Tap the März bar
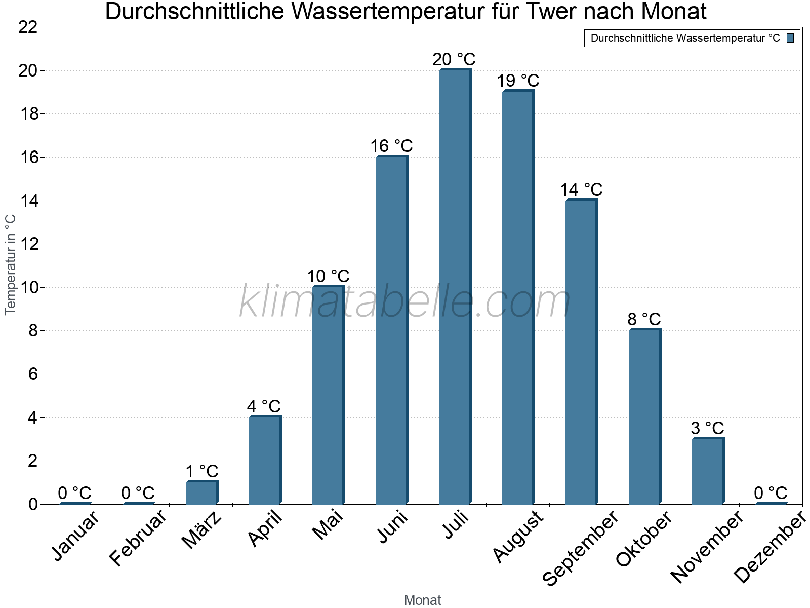tap(201, 492)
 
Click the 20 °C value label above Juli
tap(454, 59)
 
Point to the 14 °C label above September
tap(581, 189)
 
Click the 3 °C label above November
tap(707, 428)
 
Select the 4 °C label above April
tap(264, 406)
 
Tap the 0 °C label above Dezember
tap(771, 493)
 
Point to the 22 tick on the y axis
tap(28, 27)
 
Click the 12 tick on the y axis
tap(28, 244)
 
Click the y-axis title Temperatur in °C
tap(11, 264)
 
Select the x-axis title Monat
tap(423, 600)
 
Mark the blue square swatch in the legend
tap(790, 38)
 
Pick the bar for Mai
tap(328, 395)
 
